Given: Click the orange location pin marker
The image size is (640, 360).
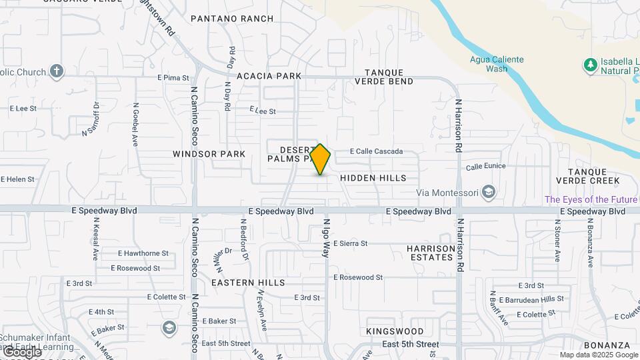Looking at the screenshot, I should click(320, 159).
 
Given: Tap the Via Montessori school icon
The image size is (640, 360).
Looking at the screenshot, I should click(489, 193).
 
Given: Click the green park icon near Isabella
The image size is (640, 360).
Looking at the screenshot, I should click(589, 65).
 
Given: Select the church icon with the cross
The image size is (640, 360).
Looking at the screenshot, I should click(57, 71).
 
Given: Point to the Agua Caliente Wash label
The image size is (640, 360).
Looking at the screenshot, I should click(497, 64).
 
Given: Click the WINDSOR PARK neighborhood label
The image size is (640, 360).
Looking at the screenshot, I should click(209, 154).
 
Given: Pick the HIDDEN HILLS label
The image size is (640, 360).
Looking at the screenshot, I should click(373, 179).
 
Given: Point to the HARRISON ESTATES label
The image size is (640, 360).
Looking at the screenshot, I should click(431, 253).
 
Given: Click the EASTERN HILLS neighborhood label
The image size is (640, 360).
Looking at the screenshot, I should click(248, 283).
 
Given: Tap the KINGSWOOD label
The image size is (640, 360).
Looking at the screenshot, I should click(395, 331).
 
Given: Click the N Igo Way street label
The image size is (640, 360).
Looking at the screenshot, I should click(327, 239).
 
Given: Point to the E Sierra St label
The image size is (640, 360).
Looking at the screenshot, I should click(350, 243).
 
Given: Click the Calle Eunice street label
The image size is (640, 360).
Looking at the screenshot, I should click(485, 166).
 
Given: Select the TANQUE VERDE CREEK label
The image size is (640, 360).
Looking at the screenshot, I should click(593, 176).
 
